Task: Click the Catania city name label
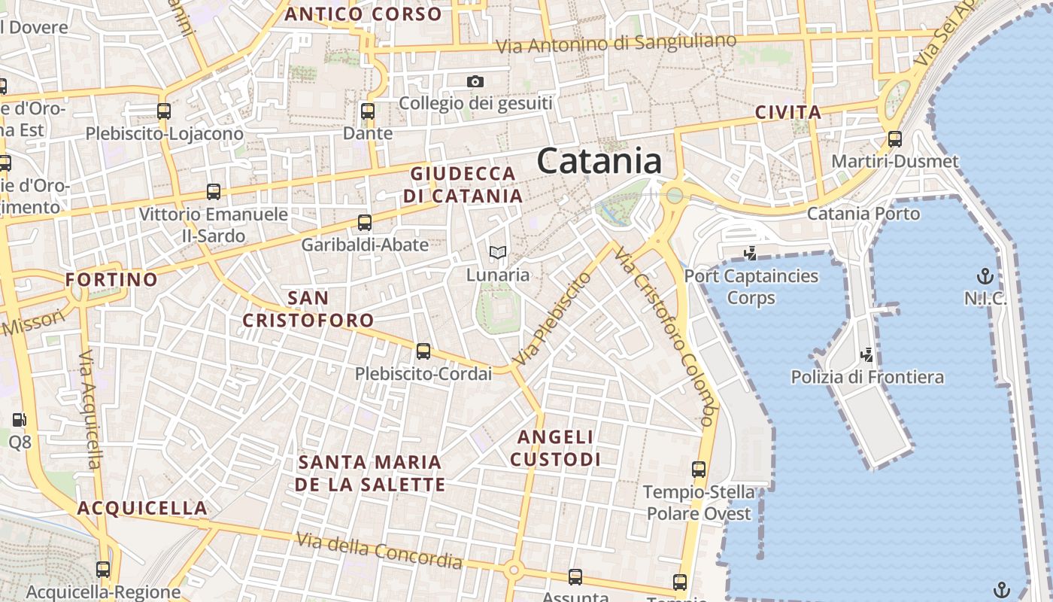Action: point(599,161)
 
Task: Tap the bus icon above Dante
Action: point(368,111)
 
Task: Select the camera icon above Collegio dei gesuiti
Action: point(475,81)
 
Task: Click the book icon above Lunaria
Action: point(498,253)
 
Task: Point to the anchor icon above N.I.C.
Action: point(985,276)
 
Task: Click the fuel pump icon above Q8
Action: point(20,420)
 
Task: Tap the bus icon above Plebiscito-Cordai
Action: point(423,351)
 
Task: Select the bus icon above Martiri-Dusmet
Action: point(895,139)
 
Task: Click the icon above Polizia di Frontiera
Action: point(866,354)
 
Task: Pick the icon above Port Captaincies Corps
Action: point(750,254)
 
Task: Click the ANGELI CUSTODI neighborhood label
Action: point(558,448)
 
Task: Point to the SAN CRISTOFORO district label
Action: point(308,309)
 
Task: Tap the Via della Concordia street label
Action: point(378,551)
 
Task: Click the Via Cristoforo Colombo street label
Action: point(663,335)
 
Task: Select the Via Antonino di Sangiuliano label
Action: point(616,44)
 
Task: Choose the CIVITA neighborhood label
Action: point(788,113)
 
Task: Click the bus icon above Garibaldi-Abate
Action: point(365,223)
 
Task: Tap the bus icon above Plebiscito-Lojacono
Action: point(164,111)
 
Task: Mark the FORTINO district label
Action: point(111,280)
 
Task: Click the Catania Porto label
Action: point(863,214)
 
